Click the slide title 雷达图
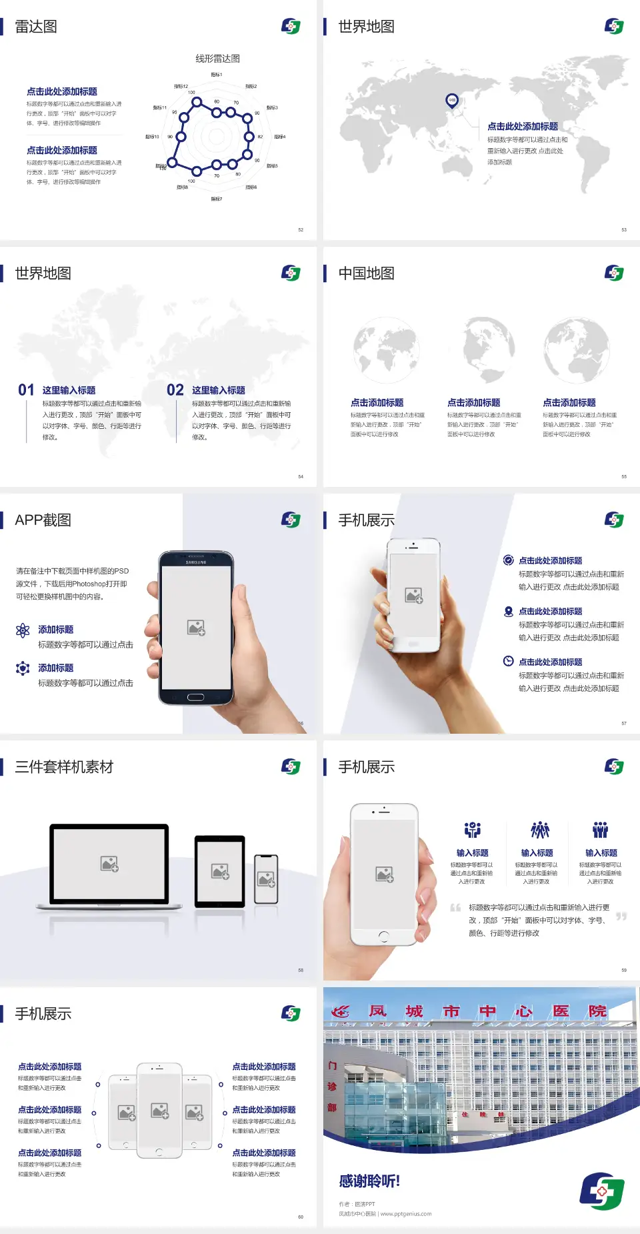36,27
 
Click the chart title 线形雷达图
217,59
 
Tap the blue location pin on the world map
452,101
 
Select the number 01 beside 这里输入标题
26,390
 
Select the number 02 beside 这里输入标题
175,390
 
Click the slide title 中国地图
366,273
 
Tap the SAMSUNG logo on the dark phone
196,562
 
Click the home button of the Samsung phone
195,697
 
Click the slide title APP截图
43,520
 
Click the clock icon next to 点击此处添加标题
508,661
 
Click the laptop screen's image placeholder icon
109,864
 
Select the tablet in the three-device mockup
220,870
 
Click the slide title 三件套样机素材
64,767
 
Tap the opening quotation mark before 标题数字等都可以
455,908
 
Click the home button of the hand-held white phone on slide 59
383,937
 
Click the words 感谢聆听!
369,1181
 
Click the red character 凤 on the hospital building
378,1011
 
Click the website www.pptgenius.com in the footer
406,1214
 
